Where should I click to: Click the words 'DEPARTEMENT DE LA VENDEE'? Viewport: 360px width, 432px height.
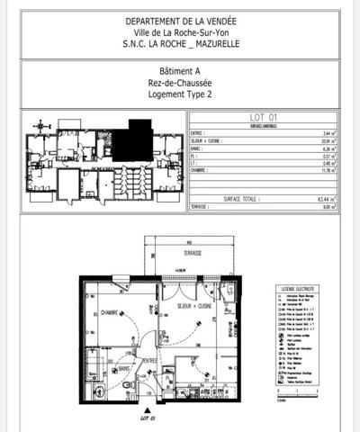point(179,22)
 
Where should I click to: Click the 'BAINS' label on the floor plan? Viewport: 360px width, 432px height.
point(126,367)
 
